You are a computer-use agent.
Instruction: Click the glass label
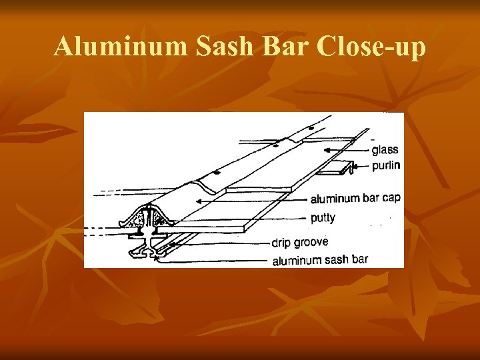pyautogui.click(x=385, y=150)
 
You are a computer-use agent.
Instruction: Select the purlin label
pyautogui.click(x=385, y=165)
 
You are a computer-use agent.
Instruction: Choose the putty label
pyautogui.click(x=323, y=217)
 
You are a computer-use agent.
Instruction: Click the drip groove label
pyautogui.click(x=299, y=242)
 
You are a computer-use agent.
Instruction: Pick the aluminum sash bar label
pyautogui.click(x=319, y=260)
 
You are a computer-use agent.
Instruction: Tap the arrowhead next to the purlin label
pyautogui.click(x=353, y=166)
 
